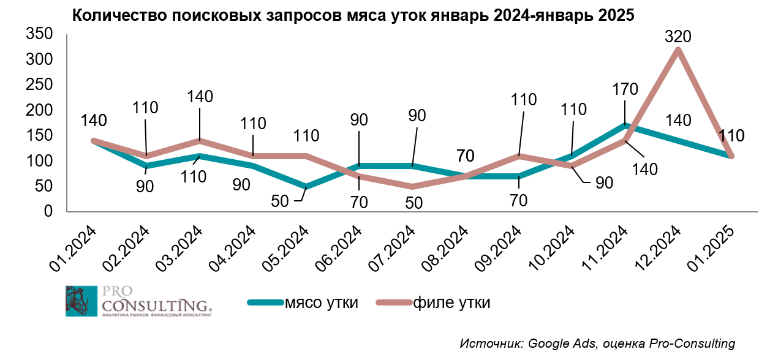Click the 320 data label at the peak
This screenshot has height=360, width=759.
(678, 37)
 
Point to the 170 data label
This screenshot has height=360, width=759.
(625, 89)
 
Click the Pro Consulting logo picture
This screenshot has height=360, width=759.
(81, 301)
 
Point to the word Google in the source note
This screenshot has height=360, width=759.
(546, 343)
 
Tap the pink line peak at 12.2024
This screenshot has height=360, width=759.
(678, 50)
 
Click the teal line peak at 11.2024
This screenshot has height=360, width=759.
(625, 125)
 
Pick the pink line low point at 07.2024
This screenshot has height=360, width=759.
(413, 186)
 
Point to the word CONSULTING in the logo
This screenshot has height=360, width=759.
(156, 305)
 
